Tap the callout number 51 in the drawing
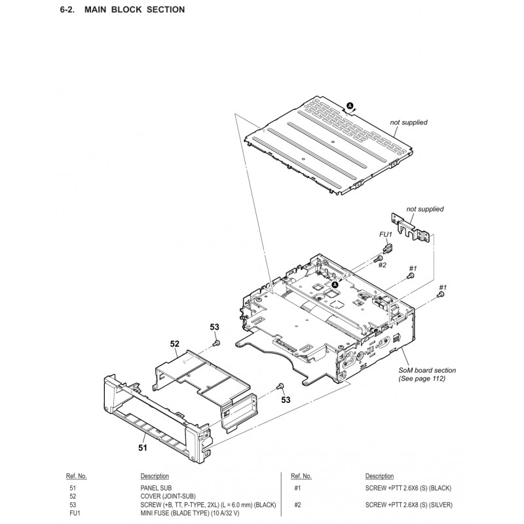(x=143, y=447)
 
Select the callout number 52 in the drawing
(x=175, y=343)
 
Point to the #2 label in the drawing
(x=382, y=265)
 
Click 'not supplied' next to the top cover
(x=409, y=122)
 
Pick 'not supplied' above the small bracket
(x=425, y=209)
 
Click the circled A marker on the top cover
(x=350, y=105)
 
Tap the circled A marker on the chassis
(x=335, y=285)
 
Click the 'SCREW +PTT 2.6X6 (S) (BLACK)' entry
(x=408, y=488)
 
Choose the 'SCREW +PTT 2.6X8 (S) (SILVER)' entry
(x=409, y=504)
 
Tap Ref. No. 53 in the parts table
(x=73, y=504)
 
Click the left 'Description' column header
(x=155, y=476)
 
